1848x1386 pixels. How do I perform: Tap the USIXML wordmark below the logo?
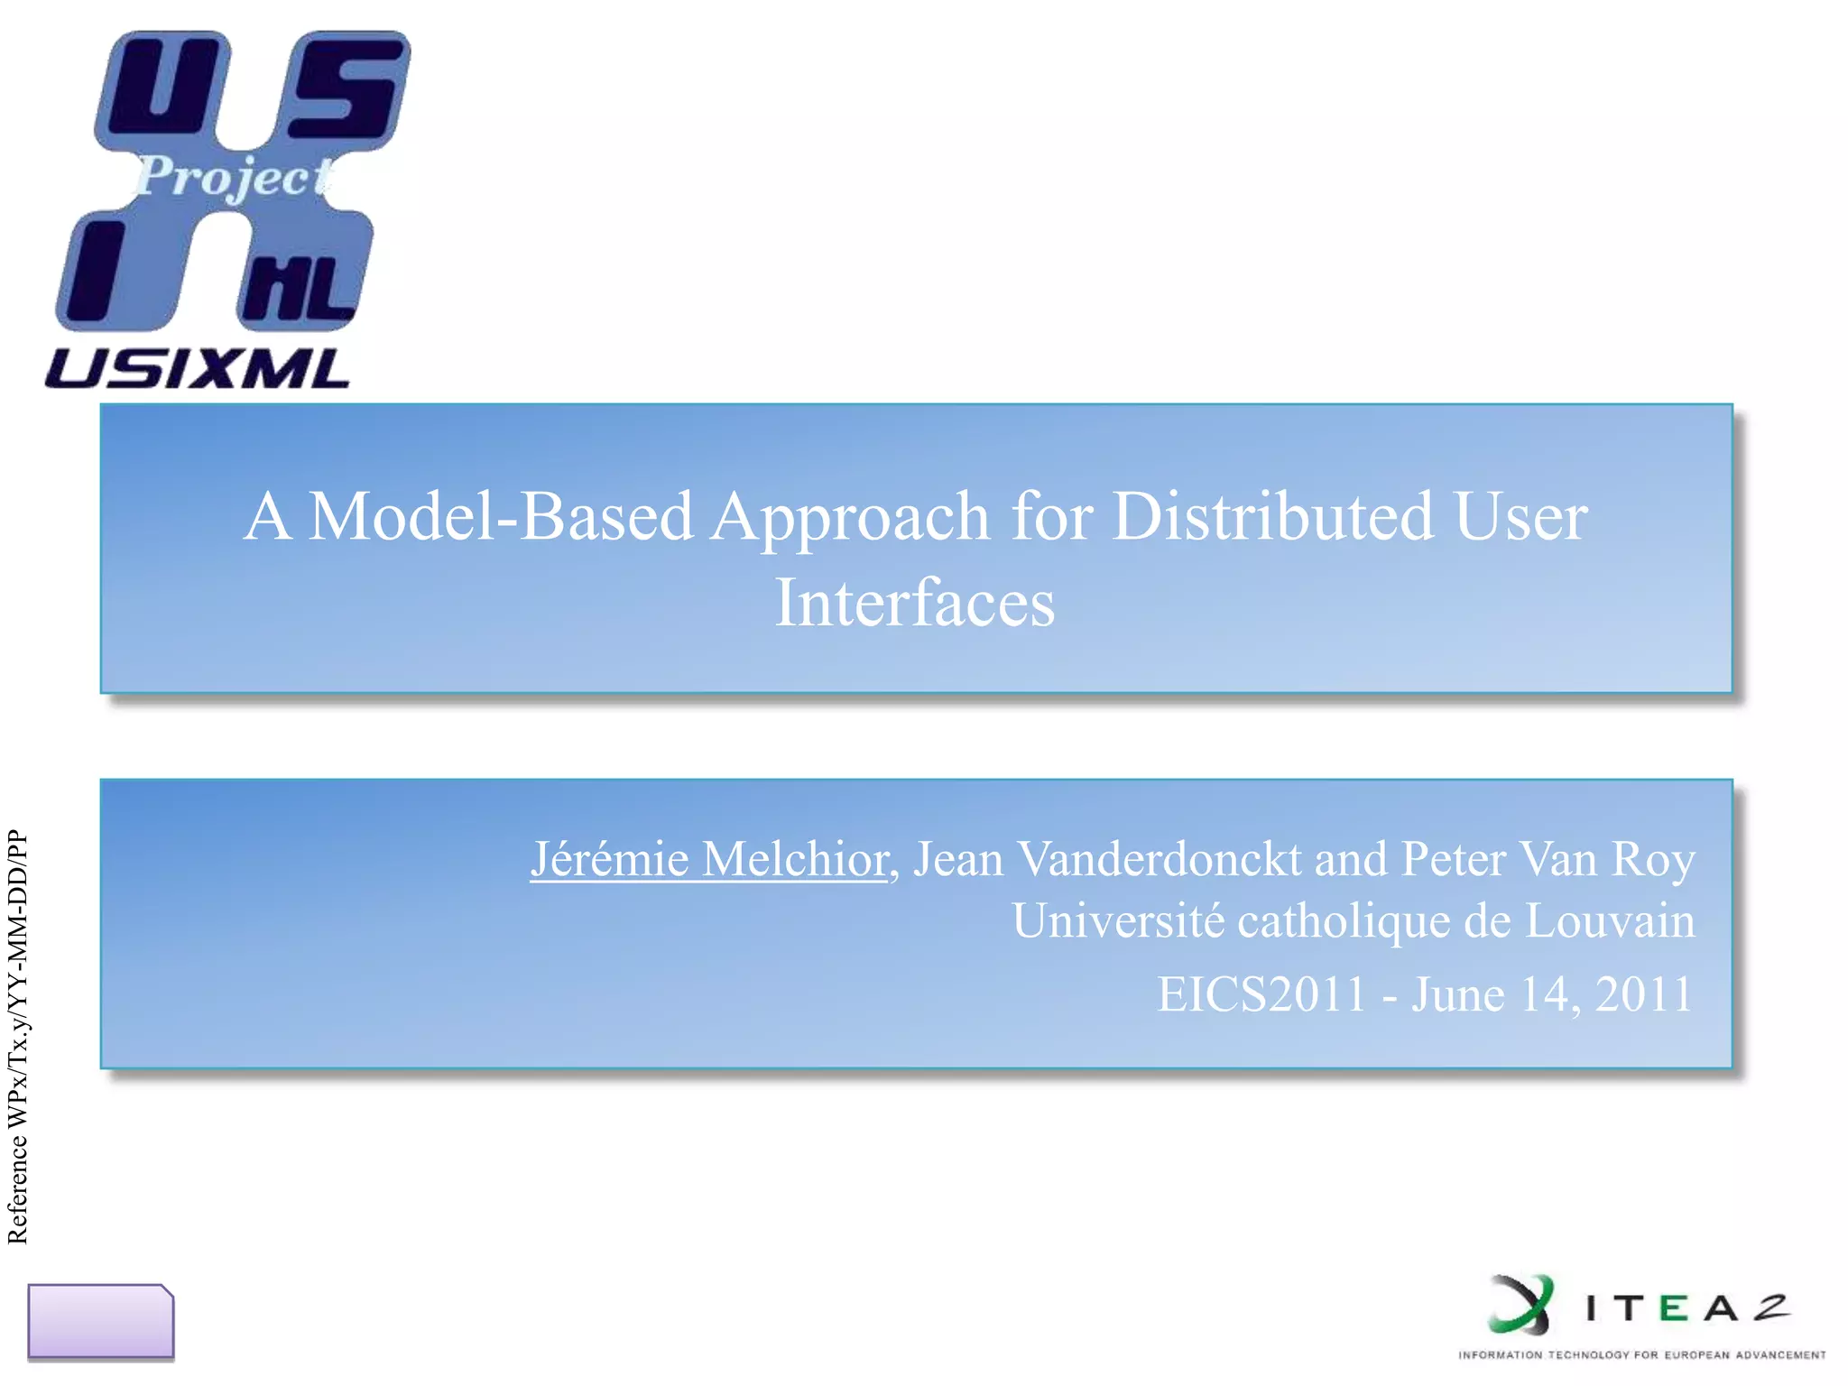(197, 369)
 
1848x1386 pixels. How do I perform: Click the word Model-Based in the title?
(501, 516)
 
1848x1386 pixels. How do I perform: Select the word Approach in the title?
(850, 518)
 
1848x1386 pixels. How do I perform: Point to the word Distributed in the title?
(1272, 516)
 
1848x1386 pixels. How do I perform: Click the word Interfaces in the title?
(915, 603)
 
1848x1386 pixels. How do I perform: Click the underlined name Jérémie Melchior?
(709, 858)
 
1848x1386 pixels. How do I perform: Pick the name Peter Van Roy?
(1548, 858)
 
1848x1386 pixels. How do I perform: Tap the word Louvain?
(1610, 920)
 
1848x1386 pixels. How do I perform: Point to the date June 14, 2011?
(1552, 994)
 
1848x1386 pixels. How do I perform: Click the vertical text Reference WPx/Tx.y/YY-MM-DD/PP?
(18, 1038)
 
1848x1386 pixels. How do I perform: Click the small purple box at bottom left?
(100, 1321)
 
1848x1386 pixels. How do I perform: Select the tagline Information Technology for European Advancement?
(1641, 1354)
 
